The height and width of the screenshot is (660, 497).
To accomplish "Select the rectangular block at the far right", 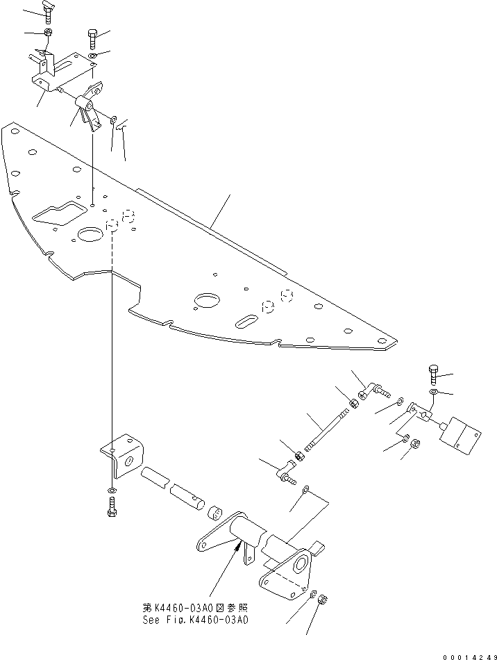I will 460,436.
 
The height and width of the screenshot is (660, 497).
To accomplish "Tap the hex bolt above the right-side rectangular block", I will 435,374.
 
